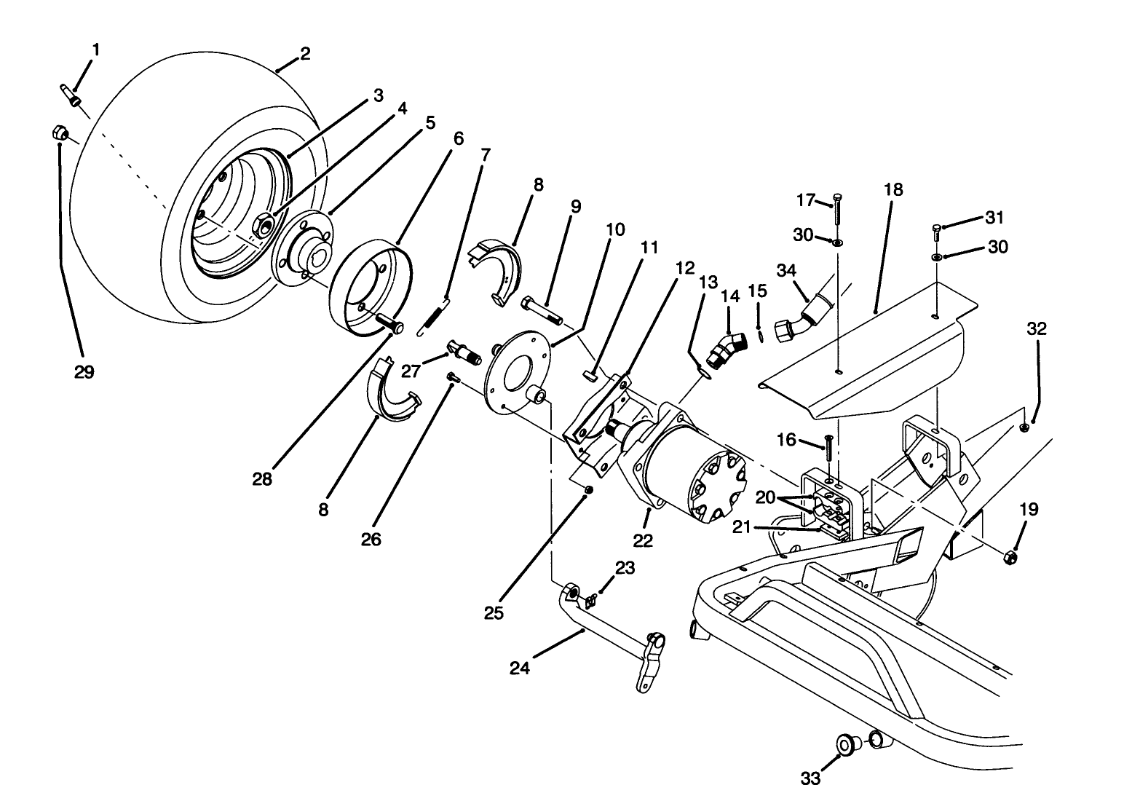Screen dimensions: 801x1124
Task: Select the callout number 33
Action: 810,778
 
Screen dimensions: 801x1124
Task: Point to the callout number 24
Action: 520,667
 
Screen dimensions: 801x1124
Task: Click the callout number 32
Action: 1037,328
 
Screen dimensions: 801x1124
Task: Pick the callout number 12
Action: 684,267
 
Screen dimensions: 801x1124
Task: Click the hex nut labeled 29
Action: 60,133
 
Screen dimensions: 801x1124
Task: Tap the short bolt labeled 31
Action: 936,233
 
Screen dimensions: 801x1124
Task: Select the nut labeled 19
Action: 1011,558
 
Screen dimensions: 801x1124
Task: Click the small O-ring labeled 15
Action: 760,336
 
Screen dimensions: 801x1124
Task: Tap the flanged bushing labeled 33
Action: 847,744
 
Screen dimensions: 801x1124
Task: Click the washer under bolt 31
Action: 937,257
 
